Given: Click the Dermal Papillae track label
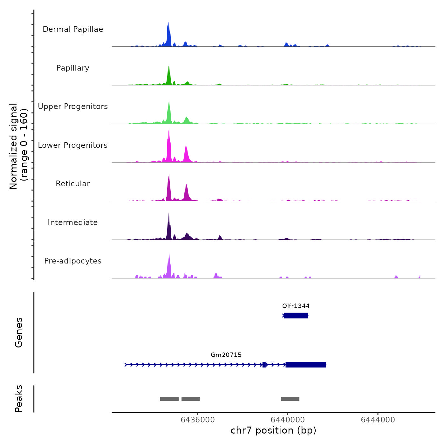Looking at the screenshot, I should [x=73, y=29].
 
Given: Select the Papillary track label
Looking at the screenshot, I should [x=73, y=68].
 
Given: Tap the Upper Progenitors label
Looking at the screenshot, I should [x=73, y=106].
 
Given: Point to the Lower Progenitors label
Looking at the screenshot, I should [x=73, y=145].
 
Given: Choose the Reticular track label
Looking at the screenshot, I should [x=73, y=184].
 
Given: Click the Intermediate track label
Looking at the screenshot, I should [x=73, y=222].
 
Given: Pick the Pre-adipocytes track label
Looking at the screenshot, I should [x=73, y=261].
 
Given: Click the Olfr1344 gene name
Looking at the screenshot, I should [x=296, y=306].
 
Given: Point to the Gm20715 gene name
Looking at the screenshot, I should [x=226, y=355].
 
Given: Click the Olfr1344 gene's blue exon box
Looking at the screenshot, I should [x=296, y=316].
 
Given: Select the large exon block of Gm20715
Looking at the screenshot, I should [x=305, y=365].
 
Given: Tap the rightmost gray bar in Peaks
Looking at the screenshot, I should [x=290, y=399].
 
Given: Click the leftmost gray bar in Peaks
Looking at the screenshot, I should [x=169, y=399].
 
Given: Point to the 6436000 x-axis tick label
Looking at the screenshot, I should [x=198, y=420].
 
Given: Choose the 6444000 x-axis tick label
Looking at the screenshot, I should [x=378, y=420].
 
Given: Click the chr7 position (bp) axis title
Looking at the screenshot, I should [x=273, y=430].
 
